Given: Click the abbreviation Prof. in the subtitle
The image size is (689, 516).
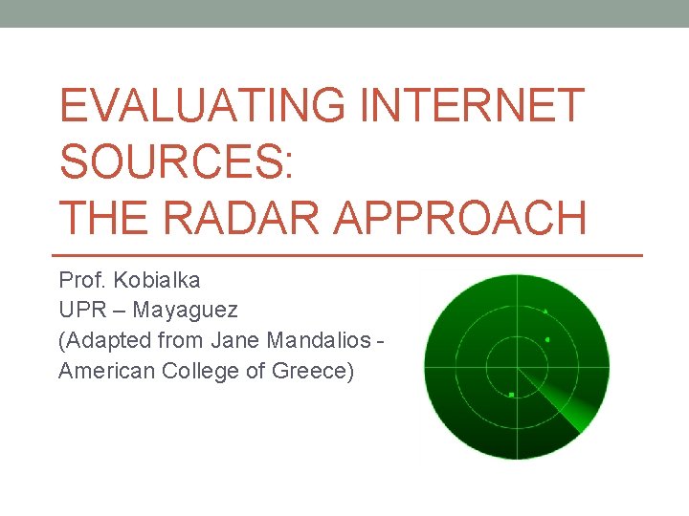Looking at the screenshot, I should click(81, 281).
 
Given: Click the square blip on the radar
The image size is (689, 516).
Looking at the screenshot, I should click(512, 394).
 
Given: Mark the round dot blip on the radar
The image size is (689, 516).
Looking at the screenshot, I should click(547, 339).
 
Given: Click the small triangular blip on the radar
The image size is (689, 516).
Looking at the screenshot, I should click(545, 311).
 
